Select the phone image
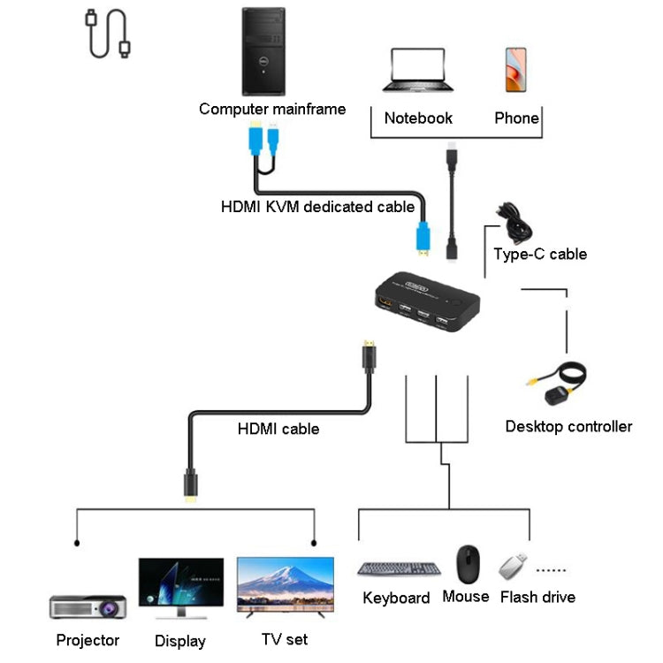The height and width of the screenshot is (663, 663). (x=516, y=70)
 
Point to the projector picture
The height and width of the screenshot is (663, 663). (x=88, y=607)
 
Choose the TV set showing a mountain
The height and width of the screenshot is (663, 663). (x=285, y=588)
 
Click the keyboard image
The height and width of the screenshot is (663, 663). (x=400, y=570)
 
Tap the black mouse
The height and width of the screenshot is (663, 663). (x=468, y=563)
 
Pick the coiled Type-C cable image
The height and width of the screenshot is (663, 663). (x=514, y=222)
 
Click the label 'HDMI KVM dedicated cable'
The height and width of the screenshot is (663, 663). (x=317, y=207)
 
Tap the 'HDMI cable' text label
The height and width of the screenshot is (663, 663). (x=278, y=429)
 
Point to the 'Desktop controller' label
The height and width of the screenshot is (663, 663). (x=568, y=427)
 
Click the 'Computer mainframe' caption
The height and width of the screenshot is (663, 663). (x=272, y=109)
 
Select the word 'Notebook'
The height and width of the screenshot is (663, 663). (x=418, y=118)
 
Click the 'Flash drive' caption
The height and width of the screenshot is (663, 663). (x=537, y=598)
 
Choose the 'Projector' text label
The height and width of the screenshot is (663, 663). (x=88, y=640)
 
